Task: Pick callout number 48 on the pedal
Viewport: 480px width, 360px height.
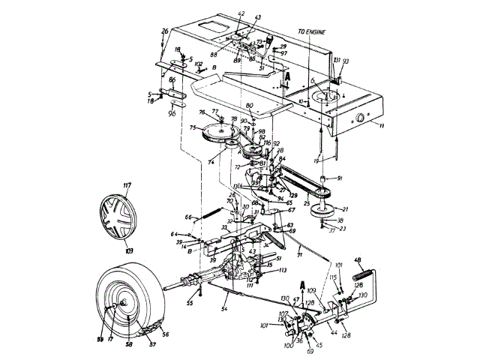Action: pos(358,260)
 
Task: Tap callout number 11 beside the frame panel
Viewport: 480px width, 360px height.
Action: pos(381,127)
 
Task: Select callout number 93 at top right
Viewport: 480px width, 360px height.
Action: pos(346,61)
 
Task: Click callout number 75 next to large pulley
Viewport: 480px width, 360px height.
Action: pos(193,128)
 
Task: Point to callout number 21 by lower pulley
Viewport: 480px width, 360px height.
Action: pos(346,209)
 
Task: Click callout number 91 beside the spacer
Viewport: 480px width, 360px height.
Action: pos(339,178)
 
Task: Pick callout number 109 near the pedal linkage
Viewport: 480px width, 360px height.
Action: pos(311,290)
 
